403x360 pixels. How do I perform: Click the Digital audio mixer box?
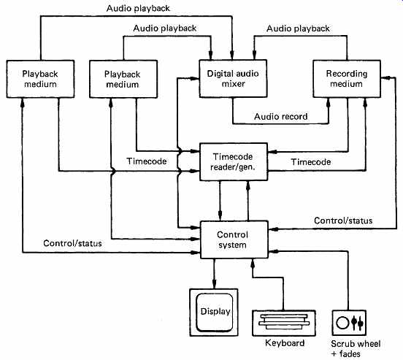(233, 79)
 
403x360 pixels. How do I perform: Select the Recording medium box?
(347, 79)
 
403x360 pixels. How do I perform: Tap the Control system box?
(234, 240)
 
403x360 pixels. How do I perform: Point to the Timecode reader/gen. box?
(234, 161)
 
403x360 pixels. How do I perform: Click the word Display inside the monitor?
(215, 311)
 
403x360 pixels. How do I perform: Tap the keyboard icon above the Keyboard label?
(284, 323)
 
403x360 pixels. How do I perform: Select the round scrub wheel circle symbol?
(342, 323)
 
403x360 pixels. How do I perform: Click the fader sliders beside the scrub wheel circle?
(358, 323)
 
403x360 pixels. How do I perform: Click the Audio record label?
(280, 117)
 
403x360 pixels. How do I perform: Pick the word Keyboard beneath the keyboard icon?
(285, 343)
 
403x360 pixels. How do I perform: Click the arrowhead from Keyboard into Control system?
(253, 264)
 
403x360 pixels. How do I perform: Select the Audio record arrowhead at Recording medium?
(329, 102)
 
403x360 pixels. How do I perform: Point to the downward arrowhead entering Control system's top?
(220, 215)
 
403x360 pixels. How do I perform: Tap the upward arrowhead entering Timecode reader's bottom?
(248, 185)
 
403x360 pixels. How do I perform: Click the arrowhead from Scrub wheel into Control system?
(273, 251)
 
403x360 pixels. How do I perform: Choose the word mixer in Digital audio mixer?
(233, 84)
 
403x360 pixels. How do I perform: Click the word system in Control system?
(232, 245)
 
